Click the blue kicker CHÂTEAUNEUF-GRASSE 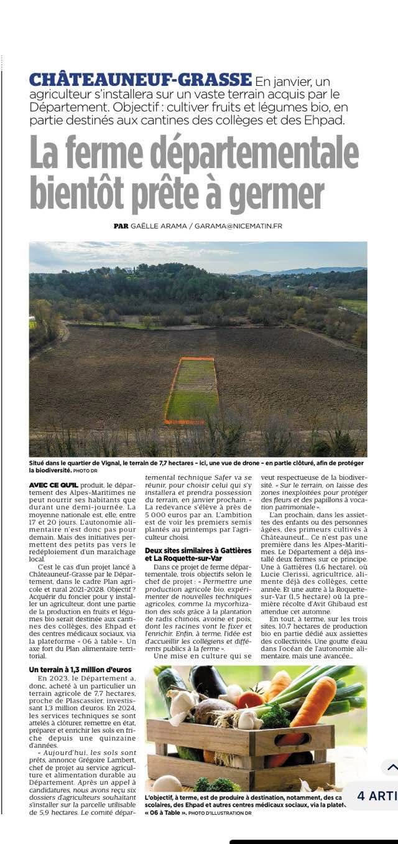141,80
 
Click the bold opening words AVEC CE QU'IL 53,484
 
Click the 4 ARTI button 377,795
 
